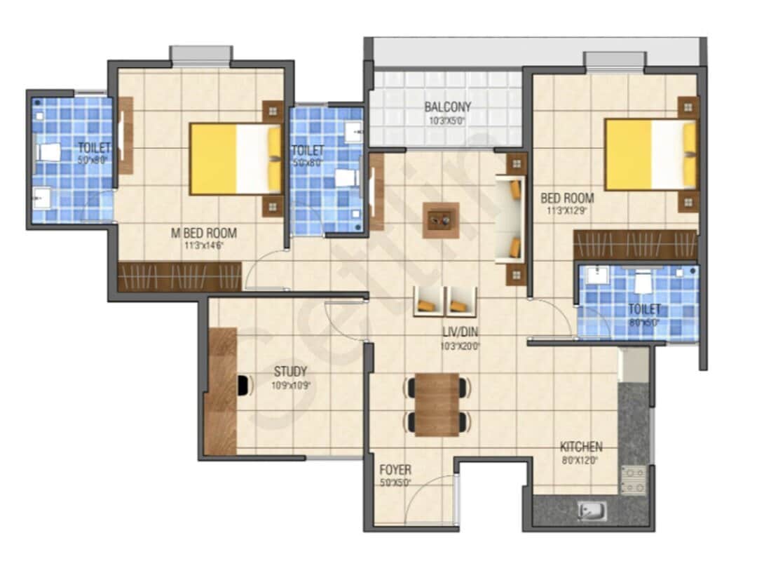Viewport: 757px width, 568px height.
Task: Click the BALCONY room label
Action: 447,107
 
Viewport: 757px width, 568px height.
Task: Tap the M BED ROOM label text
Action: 204,233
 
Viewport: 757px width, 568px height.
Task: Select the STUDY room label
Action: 290,372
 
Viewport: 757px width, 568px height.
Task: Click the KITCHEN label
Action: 580,447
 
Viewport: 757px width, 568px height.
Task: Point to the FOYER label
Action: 395,470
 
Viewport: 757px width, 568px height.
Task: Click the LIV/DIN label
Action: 459,332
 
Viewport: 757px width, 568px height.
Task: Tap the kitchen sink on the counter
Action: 590,512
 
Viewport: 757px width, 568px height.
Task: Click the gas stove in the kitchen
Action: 634,480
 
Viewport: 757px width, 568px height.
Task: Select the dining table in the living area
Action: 437,405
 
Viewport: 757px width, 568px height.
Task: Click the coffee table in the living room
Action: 441,220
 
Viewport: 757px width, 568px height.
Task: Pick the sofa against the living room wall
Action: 510,219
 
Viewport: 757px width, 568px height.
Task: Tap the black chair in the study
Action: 243,386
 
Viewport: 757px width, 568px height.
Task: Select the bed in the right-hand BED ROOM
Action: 650,155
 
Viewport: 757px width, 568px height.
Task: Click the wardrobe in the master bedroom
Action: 179,277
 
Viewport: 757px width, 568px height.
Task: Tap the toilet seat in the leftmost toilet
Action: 50,152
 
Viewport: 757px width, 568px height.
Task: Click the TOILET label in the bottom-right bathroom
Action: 643,309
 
